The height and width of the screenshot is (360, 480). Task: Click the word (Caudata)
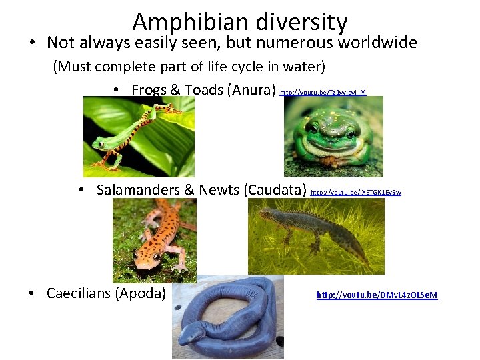276,190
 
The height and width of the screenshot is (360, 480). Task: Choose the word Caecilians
82,293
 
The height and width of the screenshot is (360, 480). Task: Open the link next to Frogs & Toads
323,92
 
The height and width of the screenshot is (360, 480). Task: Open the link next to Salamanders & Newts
356,192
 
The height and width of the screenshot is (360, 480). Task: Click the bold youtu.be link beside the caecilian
377,295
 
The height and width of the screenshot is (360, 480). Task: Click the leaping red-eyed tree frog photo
139,136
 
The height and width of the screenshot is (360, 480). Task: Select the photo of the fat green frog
333,136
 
